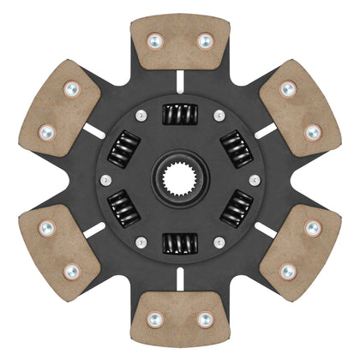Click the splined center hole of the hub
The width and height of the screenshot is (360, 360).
(180, 179)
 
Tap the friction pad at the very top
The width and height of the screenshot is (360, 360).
(180, 43)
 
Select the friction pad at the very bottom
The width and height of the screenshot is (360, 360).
(180, 317)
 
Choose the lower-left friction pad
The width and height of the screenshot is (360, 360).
(60, 248)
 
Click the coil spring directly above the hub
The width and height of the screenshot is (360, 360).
(180, 113)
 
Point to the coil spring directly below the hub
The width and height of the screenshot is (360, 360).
(180, 244)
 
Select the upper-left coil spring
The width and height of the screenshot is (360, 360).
(123, 147)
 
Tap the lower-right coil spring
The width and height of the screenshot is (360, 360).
(237, 212)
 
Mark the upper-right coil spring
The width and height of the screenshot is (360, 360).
(237, 147)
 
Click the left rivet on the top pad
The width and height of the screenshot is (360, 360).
(155, 40)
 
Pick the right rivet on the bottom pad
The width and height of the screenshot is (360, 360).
(205, 319)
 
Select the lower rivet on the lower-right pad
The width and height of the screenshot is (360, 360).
(285, 272)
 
